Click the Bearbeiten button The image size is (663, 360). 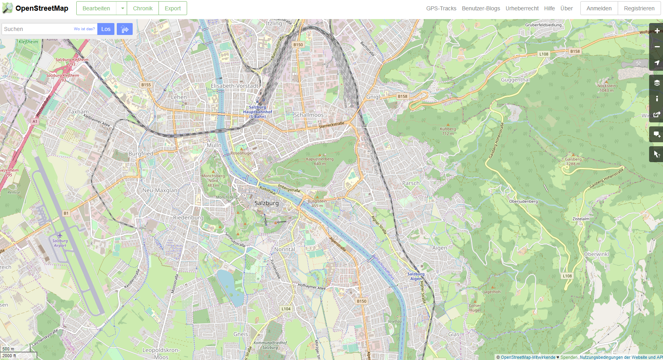click(96, 8)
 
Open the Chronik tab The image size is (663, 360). click(143, 8)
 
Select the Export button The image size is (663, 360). click(172, 8)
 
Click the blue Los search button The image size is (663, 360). click(106, 29)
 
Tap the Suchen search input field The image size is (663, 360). click(38, 29)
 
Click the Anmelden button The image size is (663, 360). click(599, 8)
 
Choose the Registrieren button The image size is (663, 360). click(639, 8)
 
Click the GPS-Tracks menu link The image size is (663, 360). click(441, 8)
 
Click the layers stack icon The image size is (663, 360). click(657, 83)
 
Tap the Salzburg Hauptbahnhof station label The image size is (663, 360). click(257, 112)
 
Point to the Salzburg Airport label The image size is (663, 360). click(60, 243)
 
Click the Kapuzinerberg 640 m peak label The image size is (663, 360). click(319, 161)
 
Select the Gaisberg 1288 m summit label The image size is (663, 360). click(573, 161)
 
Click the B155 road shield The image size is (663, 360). click(146, 85)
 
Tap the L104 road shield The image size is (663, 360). click(286, 309)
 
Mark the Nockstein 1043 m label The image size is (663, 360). click(606, 88)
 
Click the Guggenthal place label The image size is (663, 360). click(515, 80)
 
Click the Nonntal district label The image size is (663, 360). click(284, 250)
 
